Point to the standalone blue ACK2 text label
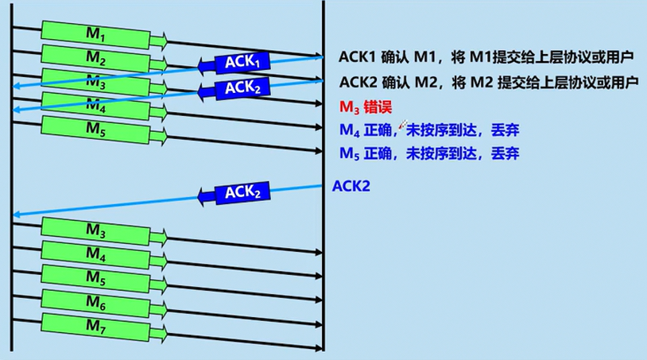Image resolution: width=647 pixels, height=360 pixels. tap(351, 187)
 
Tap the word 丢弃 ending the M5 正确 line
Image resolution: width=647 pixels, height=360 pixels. tap(506, 153)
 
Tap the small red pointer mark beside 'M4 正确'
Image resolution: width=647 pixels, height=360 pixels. tap(403, 125)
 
